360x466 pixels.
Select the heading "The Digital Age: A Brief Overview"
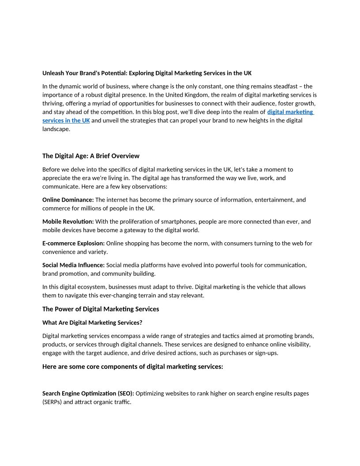pyautogui.click(x=90, y=156)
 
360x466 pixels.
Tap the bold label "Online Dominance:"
pyautogui.click(x=68, y=200)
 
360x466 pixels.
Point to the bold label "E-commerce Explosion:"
pyautogui.click(x=73, y=243)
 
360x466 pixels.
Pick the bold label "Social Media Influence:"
pyautogui.click(x=73, y=265)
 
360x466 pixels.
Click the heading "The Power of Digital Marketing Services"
pyautogui.click(x=101, y=309)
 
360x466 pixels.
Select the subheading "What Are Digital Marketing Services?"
pyautogui.click(x=92, y=323)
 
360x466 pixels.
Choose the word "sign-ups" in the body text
pyautogui.click(x=266, y=353)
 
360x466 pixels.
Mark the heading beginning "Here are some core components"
pyautogui.click(x=132, y=366)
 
